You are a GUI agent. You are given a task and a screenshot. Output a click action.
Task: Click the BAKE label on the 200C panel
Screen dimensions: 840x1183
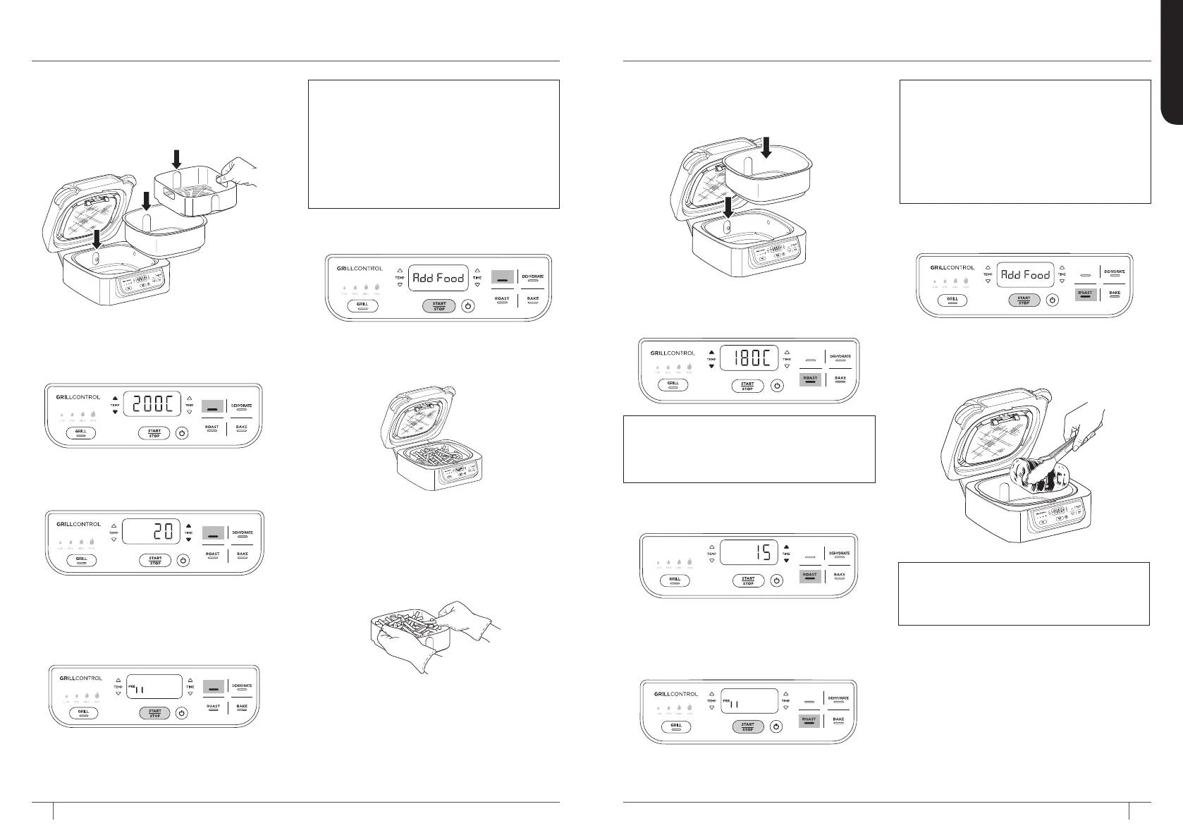pos(241,427)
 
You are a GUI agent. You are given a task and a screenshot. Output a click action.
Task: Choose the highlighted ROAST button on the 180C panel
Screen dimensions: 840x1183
pos(810,379)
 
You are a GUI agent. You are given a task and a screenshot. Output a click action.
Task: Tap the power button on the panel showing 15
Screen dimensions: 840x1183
pos(776,580)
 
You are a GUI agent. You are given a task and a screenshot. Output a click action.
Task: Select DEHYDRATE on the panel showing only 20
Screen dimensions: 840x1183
pos(242,533)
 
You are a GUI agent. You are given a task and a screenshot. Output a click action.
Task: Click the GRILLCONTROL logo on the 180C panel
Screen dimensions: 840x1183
pos(673,353)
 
